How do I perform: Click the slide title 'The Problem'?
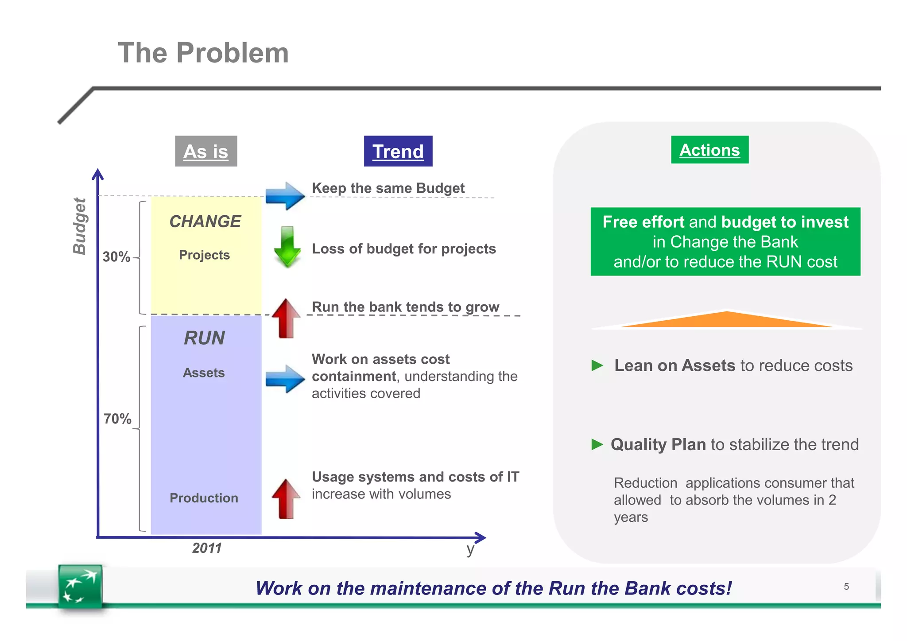[203, 53]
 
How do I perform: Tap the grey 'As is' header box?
[206, 152]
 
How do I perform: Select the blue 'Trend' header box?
[398, 152]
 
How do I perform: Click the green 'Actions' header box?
[709, 150]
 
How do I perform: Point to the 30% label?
[116, 257]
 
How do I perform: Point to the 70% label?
[117, 419]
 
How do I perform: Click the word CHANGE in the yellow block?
[205, 221]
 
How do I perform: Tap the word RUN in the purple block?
[204, 338]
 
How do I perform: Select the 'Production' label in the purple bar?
[204, 498]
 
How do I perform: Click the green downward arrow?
[287, 247]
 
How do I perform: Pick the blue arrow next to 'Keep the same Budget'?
[285, 195]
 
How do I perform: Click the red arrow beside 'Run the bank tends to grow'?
[286, 318]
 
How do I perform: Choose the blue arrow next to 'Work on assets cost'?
[285, 379]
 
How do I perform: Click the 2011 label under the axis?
[207, 548]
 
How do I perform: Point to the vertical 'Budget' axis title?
[80, 226]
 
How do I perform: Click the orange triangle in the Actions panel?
[726, 320]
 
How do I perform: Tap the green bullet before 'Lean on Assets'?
[597, 365]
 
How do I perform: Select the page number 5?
[846, 587]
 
